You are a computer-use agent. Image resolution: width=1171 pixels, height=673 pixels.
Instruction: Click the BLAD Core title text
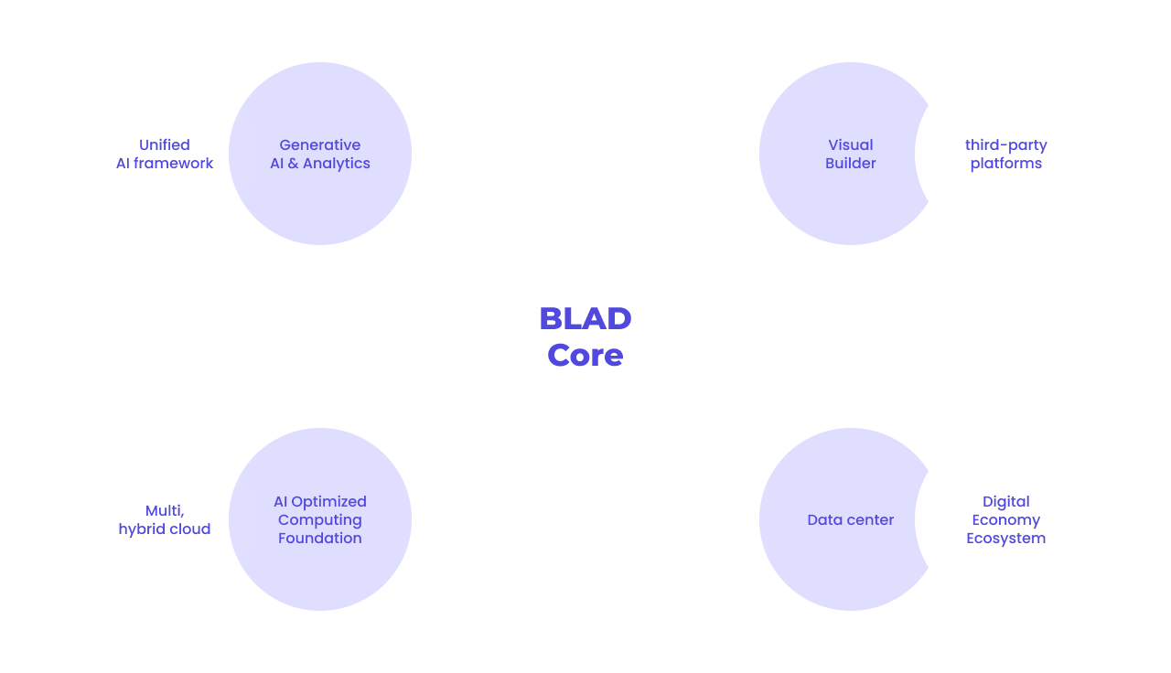pyautogui.click(x=585, y=336)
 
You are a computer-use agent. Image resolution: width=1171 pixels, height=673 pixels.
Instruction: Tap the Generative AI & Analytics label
pyautogui.click(x=320, y=154)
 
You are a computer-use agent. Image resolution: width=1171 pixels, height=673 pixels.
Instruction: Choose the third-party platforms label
pyautogui.click(x=1006, y=154)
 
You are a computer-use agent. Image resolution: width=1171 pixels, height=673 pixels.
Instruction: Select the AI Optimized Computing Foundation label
pyautogui.click(x=320, y=519)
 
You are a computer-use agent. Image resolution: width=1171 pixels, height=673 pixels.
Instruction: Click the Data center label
pyautogui.click(x=851, y=519)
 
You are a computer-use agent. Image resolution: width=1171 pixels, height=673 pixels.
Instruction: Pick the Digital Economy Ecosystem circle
pyautogui.click(x=1015, y=519)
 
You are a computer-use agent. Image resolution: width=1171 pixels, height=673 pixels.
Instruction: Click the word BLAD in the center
pyautogui.click(x=585, y=318)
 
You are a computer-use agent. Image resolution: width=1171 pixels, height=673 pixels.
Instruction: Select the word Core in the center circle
pyautogui.click(x=585, y=355)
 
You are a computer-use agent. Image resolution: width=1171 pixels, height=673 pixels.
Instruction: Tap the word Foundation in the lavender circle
pyautogui.click(x=320, y=538)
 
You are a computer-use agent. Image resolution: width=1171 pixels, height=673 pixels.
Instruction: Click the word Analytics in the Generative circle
pyautogui.click(x=337, y=163)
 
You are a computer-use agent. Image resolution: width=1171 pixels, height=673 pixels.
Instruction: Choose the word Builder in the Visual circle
pyautogui.click(x=851, y=163)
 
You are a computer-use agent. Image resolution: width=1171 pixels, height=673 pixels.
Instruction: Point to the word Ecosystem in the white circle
pyautogui.click(x=1006, y=538)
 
